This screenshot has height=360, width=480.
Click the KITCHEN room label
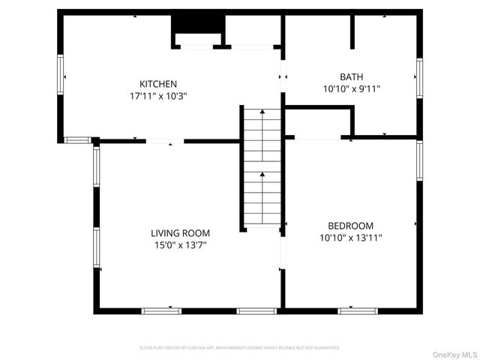pyautogui.click(x=158, y=83)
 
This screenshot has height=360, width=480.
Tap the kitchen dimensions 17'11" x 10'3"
pyautogui.click(x=158, y=96)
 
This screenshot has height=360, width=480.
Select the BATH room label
pyautogui.click(x=351, y=76)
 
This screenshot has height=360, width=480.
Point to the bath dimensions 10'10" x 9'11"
pyautogui.click(x=351, y=88)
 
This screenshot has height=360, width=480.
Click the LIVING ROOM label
pyautogui.click(x=180, y=233)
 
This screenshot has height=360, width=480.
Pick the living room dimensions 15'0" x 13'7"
pyautogui.click(x=180, y=245)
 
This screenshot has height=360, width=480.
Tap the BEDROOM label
pyautogui.click(x=350, y=226)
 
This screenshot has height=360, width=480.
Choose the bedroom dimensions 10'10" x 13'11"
pyautogui.click(x=350, y=238)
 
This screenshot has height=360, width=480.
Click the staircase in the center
pyautogui.click(x=262, y=169)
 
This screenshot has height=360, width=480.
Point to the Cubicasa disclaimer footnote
pyautogui.click(x=240, y=348)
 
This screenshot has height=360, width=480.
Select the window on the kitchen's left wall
pyautogui.click(x=61, y=76)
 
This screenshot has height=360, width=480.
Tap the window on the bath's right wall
pyautogui.click(x=418, y=77)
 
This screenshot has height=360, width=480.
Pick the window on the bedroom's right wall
pyautogui.click(x=418, y=160)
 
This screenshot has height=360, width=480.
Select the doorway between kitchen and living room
pyautogui.click(x=164, y=140)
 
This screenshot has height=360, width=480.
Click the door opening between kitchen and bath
pyautogui.click(x=283, y=76)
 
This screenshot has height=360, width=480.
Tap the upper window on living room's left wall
pyautogui.click(x=96, y=166)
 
